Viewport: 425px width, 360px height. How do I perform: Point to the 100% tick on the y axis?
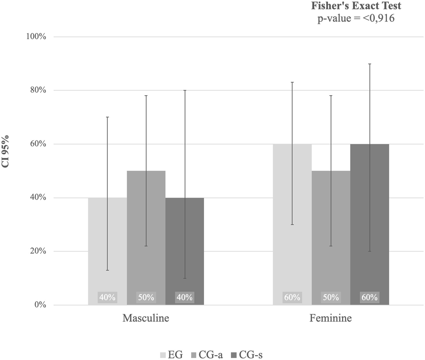click(x=36, y=37)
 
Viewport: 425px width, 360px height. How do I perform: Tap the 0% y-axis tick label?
click(x=40, y=305)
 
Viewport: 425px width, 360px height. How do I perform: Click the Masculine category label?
click(x=146, y=318)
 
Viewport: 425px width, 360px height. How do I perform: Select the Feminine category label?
click(x=331, y=318)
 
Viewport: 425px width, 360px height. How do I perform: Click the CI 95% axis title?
click(x=6, y=151)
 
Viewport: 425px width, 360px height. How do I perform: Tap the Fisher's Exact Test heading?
click(x=356, y=6)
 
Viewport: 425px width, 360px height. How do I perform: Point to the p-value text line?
click(x=356, y=18)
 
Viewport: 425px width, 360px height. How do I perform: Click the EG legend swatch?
click(x=163, y=355)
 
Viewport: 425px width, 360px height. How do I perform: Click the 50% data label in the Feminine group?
click(x=331, y=297)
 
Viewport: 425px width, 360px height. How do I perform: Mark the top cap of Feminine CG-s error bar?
click(x=370, y=64)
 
